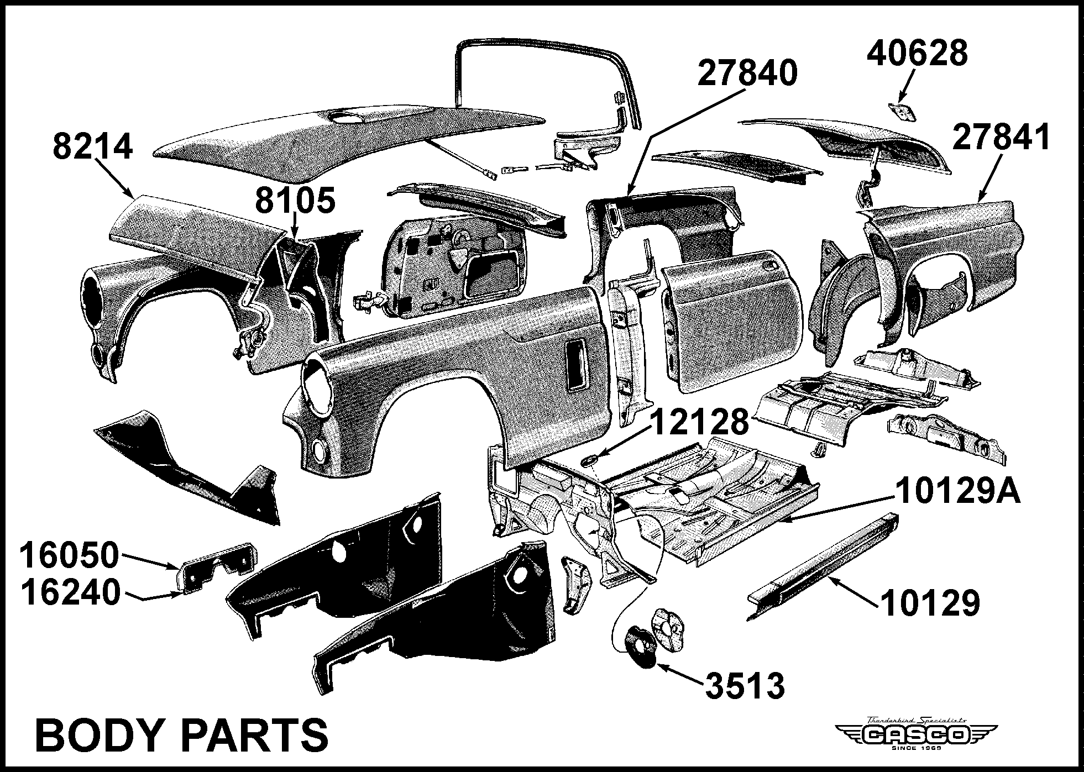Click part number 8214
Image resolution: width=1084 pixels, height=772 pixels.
[93, 146]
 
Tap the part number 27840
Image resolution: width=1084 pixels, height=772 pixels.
[747, 73]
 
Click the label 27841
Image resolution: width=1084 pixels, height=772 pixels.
[1001, 137]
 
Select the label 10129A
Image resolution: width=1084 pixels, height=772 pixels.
[957, 491]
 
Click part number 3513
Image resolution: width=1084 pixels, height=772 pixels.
[744, 686]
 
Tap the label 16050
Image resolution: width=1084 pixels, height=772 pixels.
[70, 555]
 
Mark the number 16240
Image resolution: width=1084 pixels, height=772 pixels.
[71, 592]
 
